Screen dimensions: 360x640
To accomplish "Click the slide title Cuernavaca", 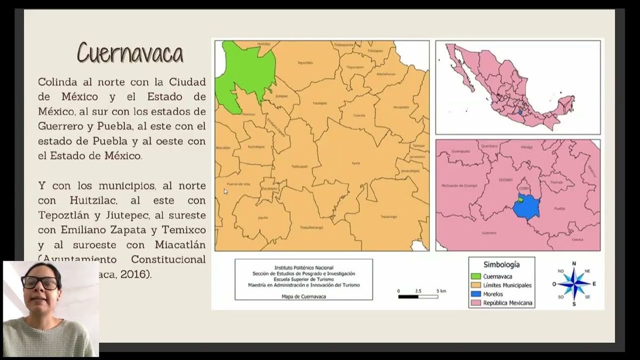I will click(130, 53).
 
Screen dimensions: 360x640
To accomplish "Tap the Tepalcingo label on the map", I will click(389, 217).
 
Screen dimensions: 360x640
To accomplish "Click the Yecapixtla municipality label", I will click(401, 107).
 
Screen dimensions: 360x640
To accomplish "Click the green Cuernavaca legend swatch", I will click(476, 276).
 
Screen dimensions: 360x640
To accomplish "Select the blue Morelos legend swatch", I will click(476, 294).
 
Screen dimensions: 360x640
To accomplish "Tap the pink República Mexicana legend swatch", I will click(476, 303).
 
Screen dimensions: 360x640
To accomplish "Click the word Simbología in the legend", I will click(501, 264).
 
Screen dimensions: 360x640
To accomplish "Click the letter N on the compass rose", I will click(574, 263).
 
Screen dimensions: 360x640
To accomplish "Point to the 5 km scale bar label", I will click(441, 291).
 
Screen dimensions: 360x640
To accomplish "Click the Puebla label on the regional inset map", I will click(560, 209).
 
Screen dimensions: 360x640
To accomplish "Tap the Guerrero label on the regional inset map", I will click(489, 233).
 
